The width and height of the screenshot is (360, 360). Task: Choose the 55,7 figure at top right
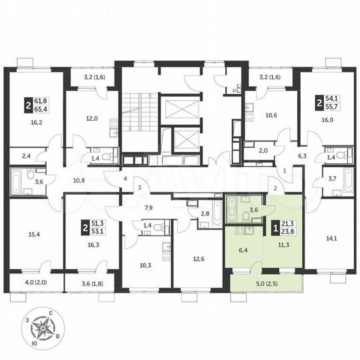(332, 107)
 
